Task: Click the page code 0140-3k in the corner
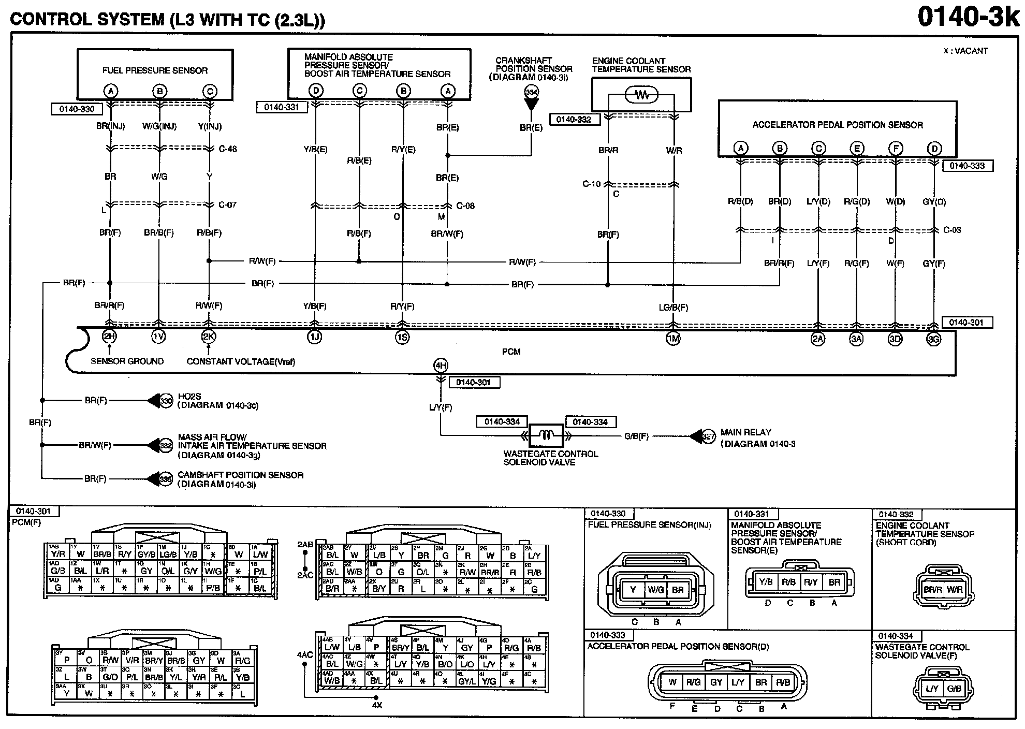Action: pyautogui.click(x=968, y=17)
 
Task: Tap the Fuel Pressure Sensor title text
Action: pyautogui.click(x=155, y=70)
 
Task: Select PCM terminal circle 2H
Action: pyautogui.click(x=109, y=336)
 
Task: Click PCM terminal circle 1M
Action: pyautogui.click(x=673, y=339)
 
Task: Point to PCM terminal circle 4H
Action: pyautogui.click(x=441, y=366)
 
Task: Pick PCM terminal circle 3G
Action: pyautogui.click(x=933, y=339)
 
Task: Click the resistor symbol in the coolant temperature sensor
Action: pyautogui.click(x=641, y=95)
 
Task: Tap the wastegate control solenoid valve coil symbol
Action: pyautogui.click(x=546, y=436)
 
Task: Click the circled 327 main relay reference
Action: pyautogui.click(x=708, y=436)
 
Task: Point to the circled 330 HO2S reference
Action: pyautogui.click(x=166, y=401)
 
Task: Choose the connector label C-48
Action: pyautogui.click(x=228, y=149)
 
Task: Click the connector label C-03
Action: pyautogui.click(x=952, y=230)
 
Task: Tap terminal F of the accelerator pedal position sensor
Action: pyautogui.click(x=896, y=149)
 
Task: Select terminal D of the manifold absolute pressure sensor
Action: pyautogui.click(x=316, y=91)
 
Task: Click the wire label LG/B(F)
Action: pyautogui.click(x=673, y=308)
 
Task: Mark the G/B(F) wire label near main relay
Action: pyautogui.click(x=636, y=436)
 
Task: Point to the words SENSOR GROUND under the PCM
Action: pyautogui.click(x=127, y=361)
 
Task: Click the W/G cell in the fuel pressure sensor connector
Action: pyautogui.click(x=655, y=590)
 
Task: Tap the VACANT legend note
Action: pyautogui.click(x=965, y=51)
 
